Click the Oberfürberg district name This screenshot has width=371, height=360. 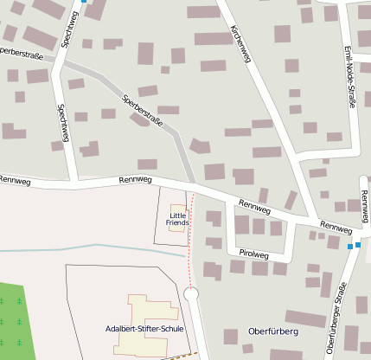(x=272, y=331)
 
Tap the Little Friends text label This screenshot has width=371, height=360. (x=177, y=219)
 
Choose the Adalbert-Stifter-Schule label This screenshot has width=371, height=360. (x=144, y=329)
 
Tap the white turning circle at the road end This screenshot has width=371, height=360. (x=191, y=295)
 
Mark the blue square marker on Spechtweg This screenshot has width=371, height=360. (x=83, y=2)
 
